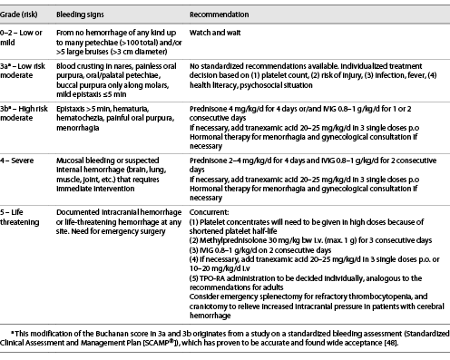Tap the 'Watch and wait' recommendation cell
click(x=219, y=35)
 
